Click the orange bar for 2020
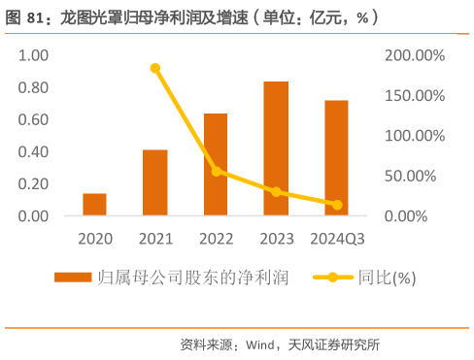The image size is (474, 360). point(94,204)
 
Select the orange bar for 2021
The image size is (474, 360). point(154,182)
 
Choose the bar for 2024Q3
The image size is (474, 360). point(336,157)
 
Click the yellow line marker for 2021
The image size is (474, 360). point(155,68)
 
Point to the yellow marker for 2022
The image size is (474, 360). point(216,171)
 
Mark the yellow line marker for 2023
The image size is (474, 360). point(276,192)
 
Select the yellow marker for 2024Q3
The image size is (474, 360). point(337,205)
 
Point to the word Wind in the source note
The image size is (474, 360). point(261,344)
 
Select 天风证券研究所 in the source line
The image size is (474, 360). point(339,344)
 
